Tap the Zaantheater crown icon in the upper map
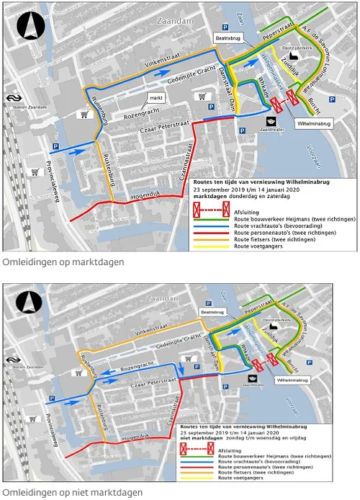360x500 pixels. click(x=271, y=120)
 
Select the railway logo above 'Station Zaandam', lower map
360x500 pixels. click(x=12, y=358)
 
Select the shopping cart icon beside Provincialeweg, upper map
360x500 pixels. click(x=34, y=171)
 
